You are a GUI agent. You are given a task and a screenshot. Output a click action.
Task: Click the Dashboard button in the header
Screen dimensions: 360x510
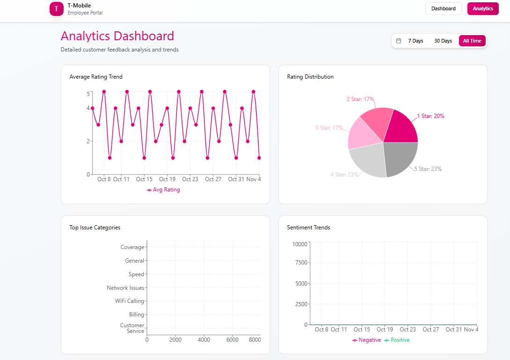[x=443, y=8]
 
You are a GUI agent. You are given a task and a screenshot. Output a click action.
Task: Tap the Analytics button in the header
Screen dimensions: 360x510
[x=482, y=8]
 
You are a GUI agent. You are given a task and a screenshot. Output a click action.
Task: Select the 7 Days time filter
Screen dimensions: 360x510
[x=415, y=41]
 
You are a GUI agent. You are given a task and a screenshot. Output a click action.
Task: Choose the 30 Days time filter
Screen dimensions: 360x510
[x=443, y=41]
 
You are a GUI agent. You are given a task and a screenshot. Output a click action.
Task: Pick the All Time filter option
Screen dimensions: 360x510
[x=472, y=41]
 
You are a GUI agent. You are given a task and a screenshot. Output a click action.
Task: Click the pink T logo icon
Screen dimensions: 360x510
[x=56, y=9]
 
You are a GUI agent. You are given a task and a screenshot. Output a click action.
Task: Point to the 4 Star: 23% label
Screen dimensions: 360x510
[x=344, y=175]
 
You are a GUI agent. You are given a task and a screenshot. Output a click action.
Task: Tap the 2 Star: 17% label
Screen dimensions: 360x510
[x=360, y=99]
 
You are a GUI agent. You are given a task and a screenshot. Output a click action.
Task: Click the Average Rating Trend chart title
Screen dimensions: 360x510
[x=96, y=77]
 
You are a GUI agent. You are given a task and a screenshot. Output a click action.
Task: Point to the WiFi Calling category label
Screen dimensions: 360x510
[x=130, y=301]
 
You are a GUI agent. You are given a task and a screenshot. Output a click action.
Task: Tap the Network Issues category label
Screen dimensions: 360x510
[x=125, y=288]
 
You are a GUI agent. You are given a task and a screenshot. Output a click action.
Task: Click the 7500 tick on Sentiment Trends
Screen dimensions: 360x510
[x=300, y=263]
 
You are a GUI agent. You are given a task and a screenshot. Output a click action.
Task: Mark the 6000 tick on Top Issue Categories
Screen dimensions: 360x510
[x=232, y=340]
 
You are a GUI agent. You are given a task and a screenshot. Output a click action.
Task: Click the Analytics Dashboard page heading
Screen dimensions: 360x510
[x=117, y=36]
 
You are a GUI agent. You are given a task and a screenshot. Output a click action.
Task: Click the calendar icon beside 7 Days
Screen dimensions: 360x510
[x=399, y=41]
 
